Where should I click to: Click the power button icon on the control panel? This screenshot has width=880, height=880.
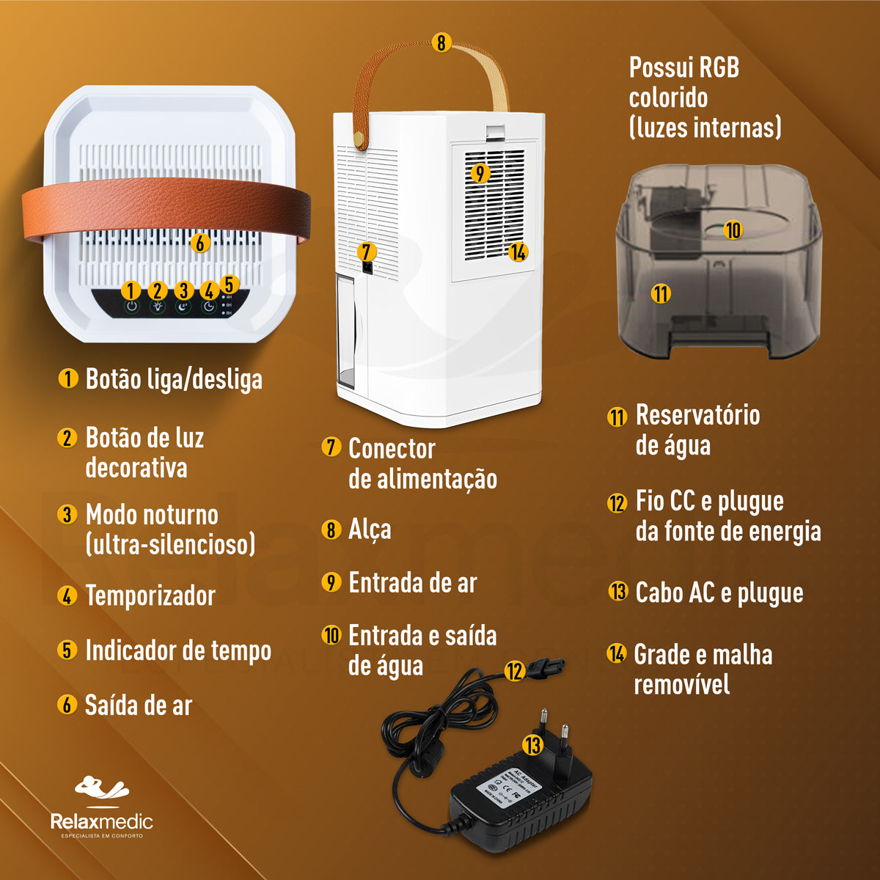click(x=131, y=307)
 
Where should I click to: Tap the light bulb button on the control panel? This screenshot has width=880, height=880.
click(x=158, y=307)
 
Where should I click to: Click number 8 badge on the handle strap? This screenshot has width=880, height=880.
click(x=441, y=43)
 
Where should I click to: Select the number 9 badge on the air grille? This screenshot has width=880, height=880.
click(x=479, y=173)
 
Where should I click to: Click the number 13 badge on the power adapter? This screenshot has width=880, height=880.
click(x=532, y=745)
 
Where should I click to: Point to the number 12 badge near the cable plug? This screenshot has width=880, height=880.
click(x=515, y=670)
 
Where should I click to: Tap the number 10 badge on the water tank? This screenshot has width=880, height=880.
click(x=733, y=230)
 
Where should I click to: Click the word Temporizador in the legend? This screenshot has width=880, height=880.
click(x=150, y=595)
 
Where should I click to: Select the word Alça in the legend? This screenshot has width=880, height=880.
click(x=370, y=529)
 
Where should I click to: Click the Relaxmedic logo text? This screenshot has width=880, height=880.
click(x=101, y=821)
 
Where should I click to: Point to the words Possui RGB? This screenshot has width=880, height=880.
click(x=683, y=68)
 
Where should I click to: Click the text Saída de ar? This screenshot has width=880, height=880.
click(x=139, y=705)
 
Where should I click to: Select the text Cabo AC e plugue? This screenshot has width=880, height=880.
click(x=719, y=593)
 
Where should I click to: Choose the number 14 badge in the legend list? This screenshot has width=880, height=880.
click(x=617, y=653)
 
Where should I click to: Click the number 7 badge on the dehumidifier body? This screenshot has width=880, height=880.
click(x=367, y=252)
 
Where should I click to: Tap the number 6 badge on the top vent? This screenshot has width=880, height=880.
click(x=200, y=242)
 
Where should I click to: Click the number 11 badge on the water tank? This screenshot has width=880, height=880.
click(x=661, y=293)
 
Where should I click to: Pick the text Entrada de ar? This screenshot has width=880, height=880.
click(x=412, y=583)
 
